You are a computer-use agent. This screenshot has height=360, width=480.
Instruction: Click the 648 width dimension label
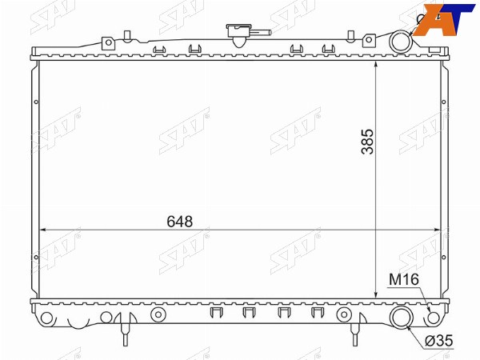[x=180, y=222]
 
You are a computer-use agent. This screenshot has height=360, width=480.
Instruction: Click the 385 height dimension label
[x=368, y=141]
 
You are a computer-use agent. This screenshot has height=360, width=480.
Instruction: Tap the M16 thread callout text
[x=404, y=279]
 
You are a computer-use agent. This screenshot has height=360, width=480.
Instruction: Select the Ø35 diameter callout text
[x=438, y=341]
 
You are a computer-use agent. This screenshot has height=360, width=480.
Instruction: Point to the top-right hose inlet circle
[x=401, y=41]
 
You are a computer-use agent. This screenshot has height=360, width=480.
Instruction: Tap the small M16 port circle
[x=434, y=318]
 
